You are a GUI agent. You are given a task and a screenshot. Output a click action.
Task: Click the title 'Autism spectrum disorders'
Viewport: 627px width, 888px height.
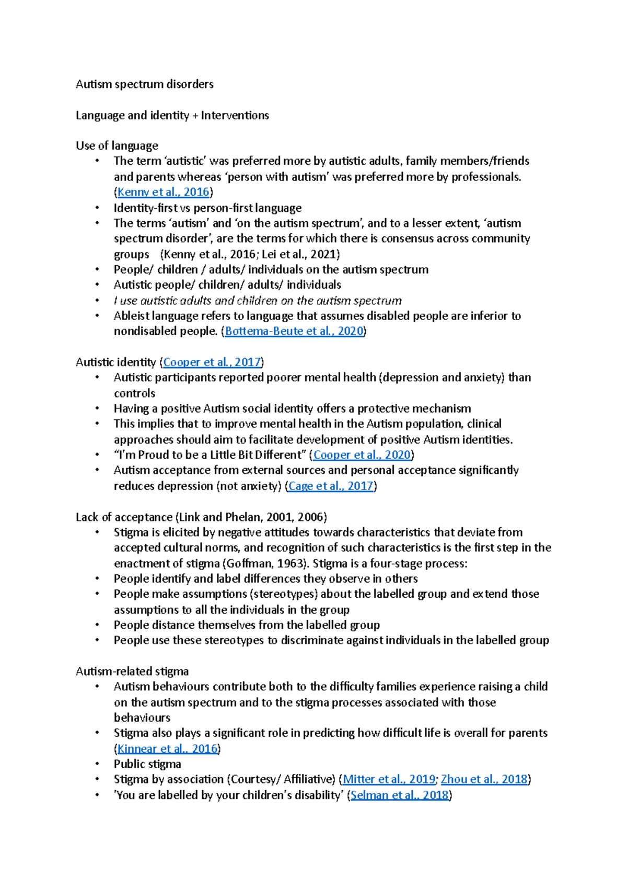(144, 84)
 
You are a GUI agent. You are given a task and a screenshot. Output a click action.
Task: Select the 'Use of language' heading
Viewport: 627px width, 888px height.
(117, 145)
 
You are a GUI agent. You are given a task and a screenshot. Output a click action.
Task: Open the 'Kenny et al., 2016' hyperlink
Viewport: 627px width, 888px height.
(163, 192)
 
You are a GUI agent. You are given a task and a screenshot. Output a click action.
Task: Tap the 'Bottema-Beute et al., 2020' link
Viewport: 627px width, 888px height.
(294, 331)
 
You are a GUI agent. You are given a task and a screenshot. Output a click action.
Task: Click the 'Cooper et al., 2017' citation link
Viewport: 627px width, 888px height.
(212, 362)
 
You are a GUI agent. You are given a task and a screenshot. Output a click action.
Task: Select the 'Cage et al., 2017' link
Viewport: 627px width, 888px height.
(331, 486)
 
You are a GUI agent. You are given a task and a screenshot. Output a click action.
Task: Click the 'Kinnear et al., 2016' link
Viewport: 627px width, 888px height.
(167, 748)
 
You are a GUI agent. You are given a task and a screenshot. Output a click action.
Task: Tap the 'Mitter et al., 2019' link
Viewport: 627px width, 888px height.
(389, 779)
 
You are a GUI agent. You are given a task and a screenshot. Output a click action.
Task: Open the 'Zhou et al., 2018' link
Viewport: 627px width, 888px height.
(484, 779)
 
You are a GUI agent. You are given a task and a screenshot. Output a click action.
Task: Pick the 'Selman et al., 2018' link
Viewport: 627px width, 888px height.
(400, 795)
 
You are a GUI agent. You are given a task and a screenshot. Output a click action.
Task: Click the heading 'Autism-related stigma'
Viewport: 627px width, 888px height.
(132, 671)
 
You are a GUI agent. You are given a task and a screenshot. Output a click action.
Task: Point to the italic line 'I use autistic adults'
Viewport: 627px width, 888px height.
(258, 301)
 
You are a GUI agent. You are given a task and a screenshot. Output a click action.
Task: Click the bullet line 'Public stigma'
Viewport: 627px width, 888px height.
(147, 764)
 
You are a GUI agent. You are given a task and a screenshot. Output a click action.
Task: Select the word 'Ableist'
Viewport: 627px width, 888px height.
(131, 316)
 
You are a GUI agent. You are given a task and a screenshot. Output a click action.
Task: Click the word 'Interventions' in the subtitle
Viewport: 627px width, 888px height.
(235, 115)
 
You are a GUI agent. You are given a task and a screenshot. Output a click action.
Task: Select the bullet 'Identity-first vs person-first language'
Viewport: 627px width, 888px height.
(207, 208)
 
